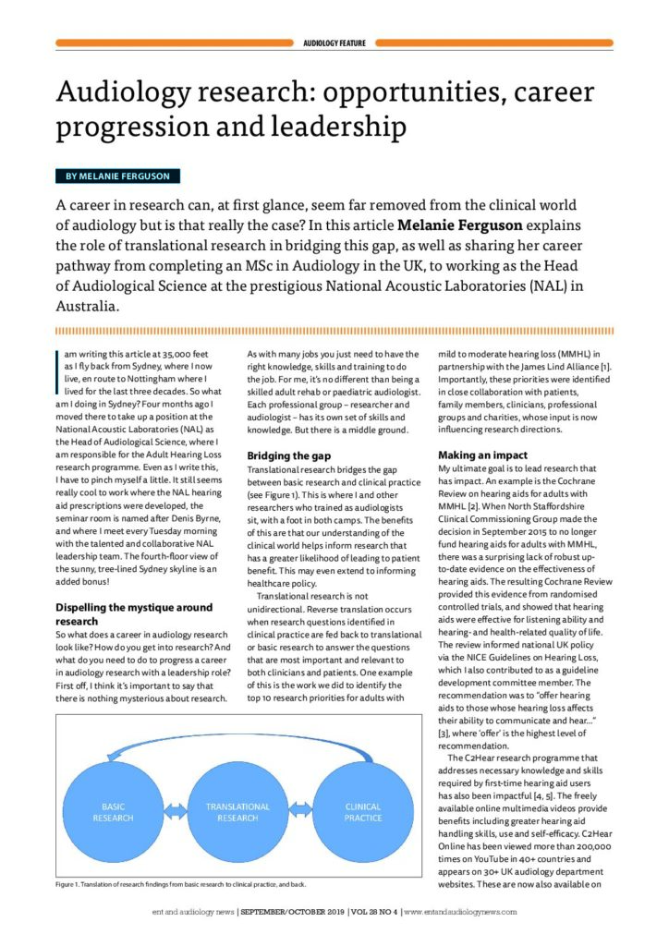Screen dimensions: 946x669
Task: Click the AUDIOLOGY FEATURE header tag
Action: tap(334, 42)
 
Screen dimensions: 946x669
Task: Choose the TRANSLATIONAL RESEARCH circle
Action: tap(238, 812)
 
